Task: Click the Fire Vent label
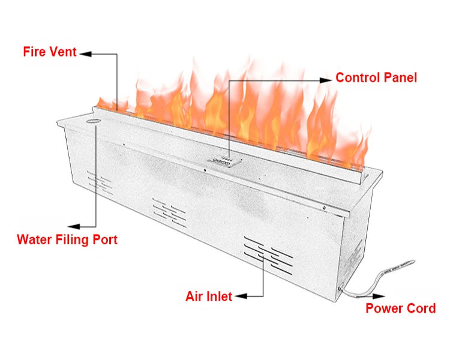click(x=50, y=52)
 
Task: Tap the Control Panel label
click(x=376, y=77)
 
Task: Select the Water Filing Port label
click(x=67, y=240)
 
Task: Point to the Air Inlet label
click(x=208, y=296)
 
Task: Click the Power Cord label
click(x=401, y=308)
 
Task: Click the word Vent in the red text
click(x=63, y=52)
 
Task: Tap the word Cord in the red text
click(x=422, y=308)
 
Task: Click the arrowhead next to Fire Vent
click(x=85, y=53)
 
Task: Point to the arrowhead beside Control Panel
click(x=326, y=79)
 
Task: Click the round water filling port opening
click(x=95, y=121)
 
